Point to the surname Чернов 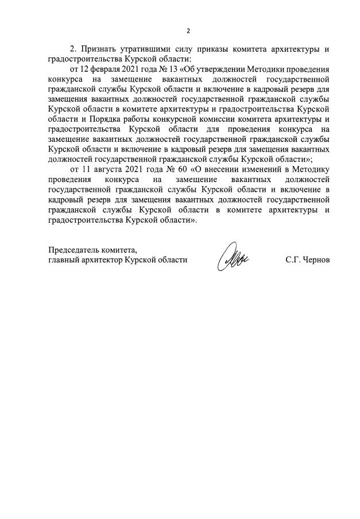(x=316, y=259)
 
